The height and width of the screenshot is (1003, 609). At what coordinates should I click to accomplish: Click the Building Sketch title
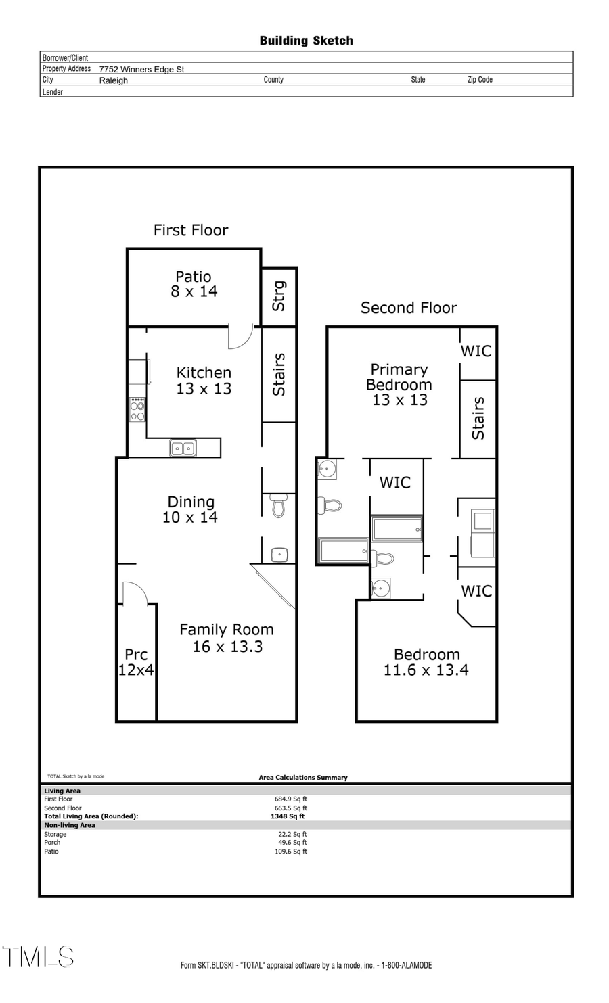tap(306, 41)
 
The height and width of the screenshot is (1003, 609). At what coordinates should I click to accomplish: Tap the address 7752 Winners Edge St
tap(141, 69)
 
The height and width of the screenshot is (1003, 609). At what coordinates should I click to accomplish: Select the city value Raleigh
tap(113, 80)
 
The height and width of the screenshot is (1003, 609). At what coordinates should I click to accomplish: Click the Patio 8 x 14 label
tap(194, 284)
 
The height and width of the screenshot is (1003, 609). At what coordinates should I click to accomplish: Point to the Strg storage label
tap(279, 296)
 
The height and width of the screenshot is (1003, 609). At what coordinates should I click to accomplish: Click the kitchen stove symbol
tap(137, 410)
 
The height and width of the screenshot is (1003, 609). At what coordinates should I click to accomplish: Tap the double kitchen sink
tap(183, 448)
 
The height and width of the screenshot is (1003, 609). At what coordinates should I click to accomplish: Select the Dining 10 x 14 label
tap(190, 509)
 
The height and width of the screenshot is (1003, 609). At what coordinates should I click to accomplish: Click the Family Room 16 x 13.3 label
tap(227, 638)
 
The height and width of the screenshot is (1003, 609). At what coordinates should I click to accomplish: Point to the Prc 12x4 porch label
tap(136, 662)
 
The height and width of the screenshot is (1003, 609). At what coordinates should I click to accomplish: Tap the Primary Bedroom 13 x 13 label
tap(399, 384)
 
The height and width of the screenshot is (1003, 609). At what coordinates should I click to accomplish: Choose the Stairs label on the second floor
tap(478, 418)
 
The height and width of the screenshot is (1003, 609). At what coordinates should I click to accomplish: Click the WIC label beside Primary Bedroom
tap(476, 351)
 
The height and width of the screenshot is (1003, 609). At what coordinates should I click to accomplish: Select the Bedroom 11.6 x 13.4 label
tap(426, 662)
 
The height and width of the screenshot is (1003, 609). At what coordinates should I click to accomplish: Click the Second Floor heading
tap(409, 308)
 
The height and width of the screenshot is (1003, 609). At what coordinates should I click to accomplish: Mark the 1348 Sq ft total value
tap(287, 816)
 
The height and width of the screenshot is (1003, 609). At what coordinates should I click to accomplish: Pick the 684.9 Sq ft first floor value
tap(290, 799)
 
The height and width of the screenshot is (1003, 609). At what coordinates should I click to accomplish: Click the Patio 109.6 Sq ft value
tap(290, 852)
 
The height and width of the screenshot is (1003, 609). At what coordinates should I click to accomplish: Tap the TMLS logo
tap(39, 957)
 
